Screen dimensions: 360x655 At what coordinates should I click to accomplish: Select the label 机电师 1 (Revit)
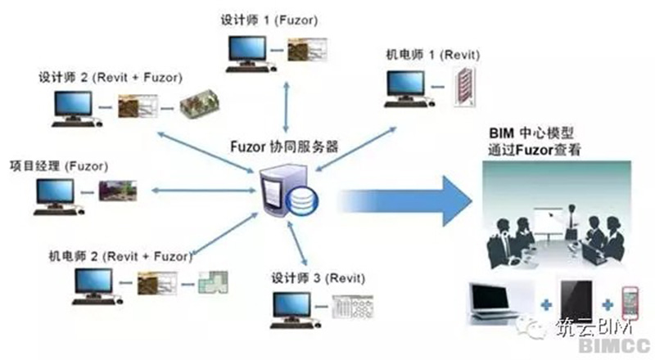point(433,55)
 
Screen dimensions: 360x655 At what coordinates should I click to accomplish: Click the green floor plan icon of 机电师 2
point(211,283)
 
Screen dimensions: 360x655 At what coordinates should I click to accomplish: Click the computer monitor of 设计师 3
point(294,306)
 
